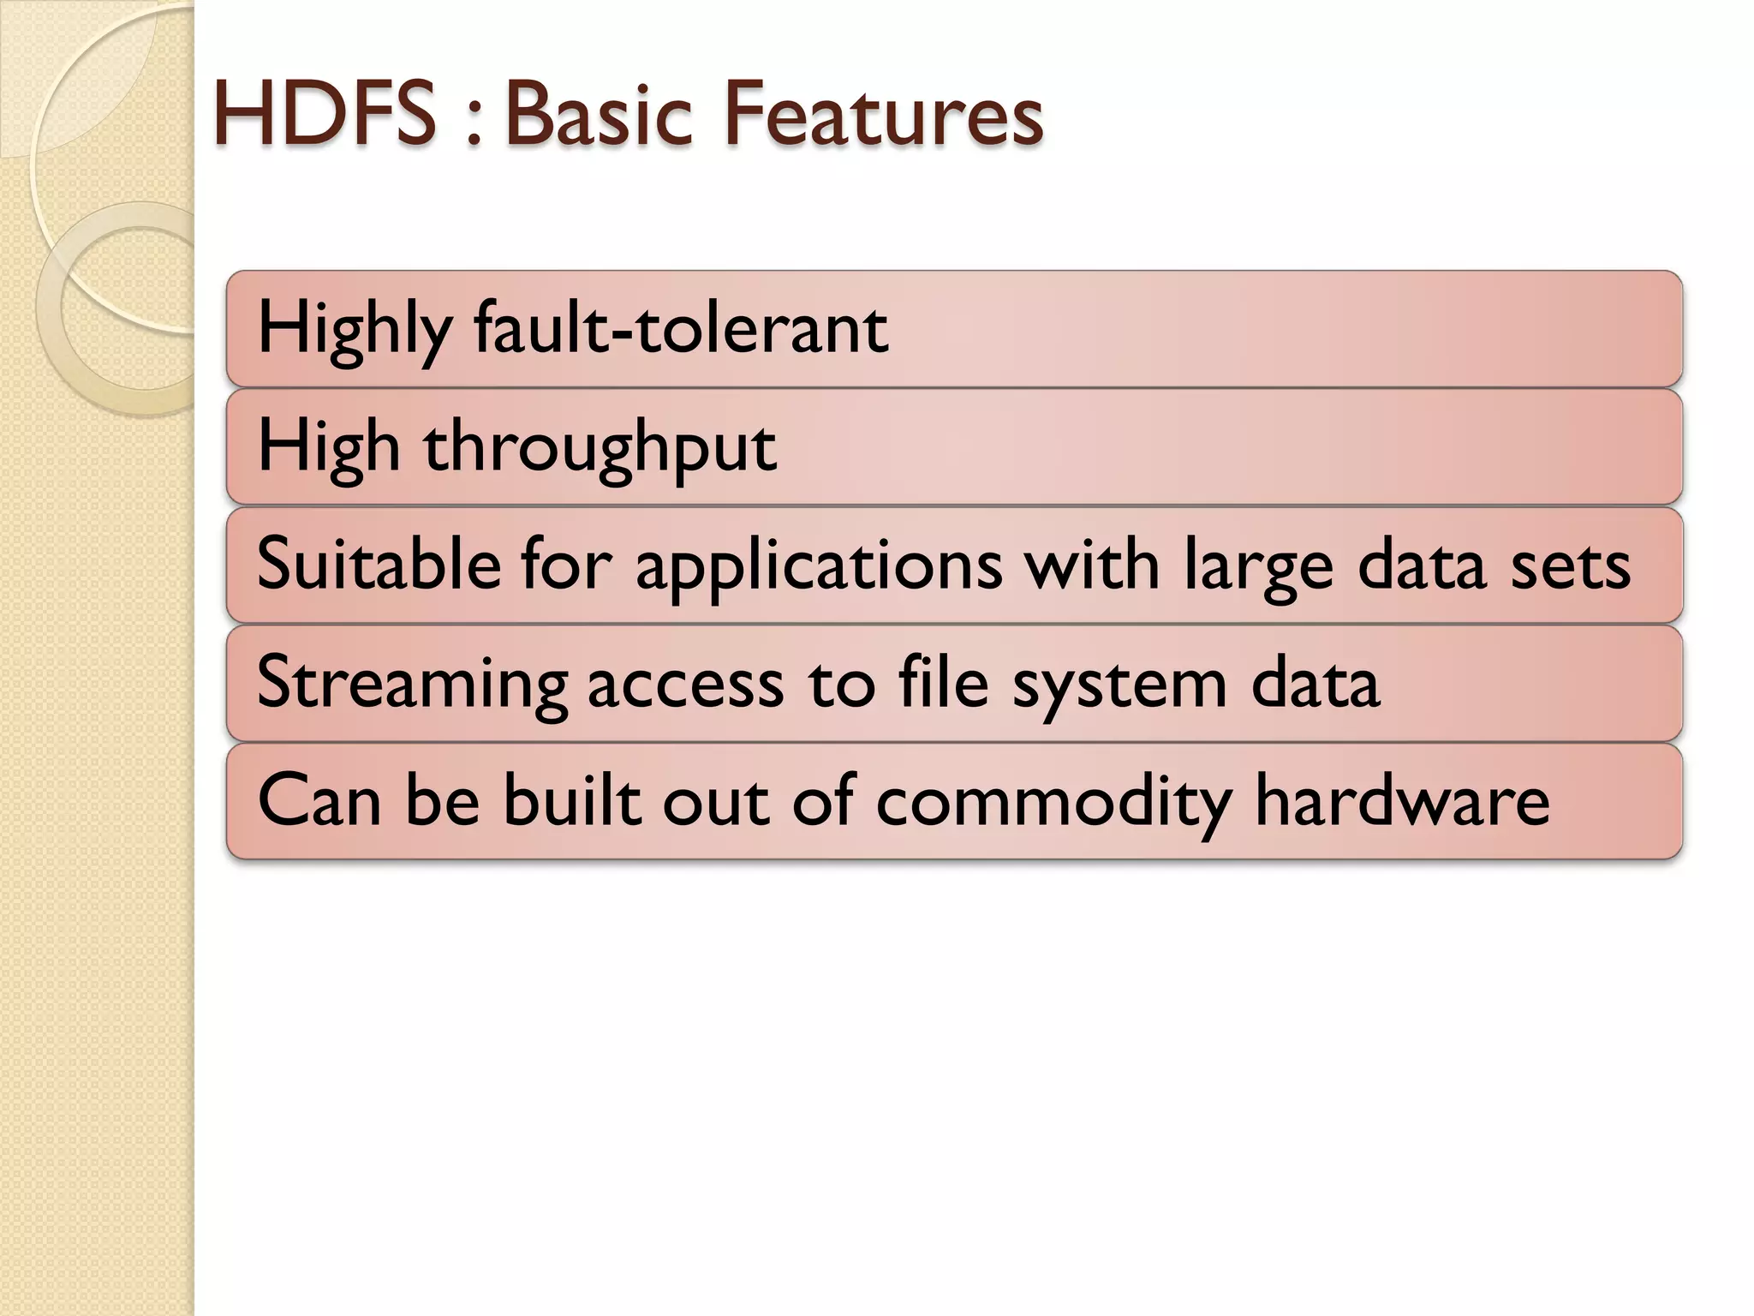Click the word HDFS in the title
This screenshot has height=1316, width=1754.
(324, 114)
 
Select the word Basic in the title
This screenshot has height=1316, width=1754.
(598, 114)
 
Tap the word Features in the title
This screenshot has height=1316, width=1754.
(883, 114)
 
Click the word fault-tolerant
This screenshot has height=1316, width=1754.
(681, 328)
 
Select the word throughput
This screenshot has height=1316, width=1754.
(600, 448)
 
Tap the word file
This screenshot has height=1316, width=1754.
(943, 682)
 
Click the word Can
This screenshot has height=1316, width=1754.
(319, 800)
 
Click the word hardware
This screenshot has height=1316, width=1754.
(1402, 800)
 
